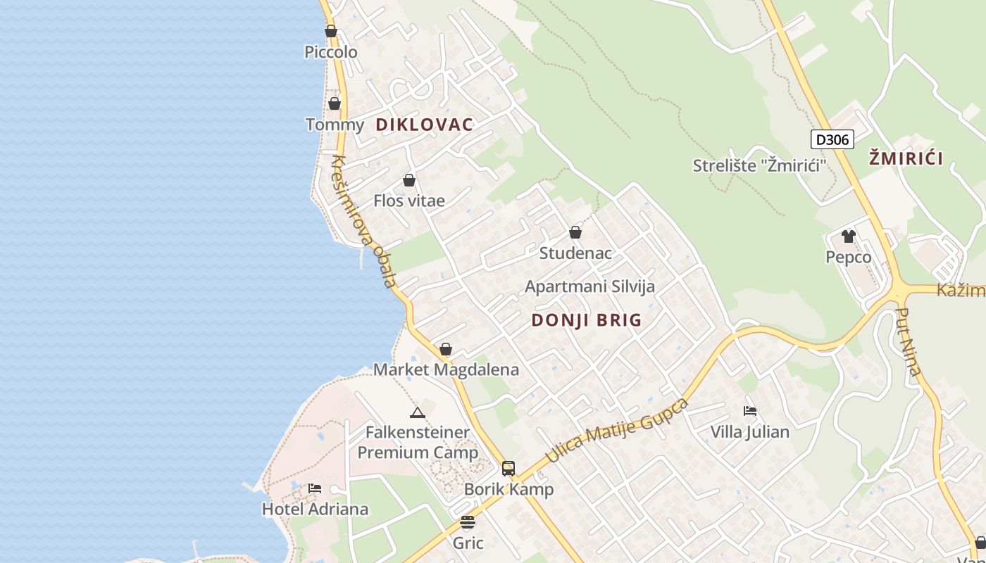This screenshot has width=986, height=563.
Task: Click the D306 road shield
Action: click(832, 139)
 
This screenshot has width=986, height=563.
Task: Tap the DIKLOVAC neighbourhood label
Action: click(424, 125)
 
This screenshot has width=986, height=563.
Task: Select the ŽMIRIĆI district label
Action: click(906, 158)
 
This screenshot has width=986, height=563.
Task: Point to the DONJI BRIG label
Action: click(587, 320)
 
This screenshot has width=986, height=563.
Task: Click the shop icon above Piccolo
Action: click(331, 31)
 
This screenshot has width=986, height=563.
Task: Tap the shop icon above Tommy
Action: click(335, 104)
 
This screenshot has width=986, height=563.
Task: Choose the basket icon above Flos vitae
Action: click(409, 180)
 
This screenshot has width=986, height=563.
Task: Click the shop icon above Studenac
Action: click(575, 232)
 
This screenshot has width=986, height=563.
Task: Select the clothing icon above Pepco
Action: click(849, 236)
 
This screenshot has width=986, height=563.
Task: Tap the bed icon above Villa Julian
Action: click(750, 410)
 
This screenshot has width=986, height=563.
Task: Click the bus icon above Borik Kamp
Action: click(508, 468)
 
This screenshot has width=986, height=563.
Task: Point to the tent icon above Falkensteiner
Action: click(418, 412)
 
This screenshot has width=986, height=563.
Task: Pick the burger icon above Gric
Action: click(468, 522)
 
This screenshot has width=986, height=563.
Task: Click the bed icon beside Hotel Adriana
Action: click(315, 488)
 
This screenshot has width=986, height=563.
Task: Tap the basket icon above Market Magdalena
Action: click(446, 349)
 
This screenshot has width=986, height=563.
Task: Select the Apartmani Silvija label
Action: click(590, 286)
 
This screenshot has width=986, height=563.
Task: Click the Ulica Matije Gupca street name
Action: click(617, 429)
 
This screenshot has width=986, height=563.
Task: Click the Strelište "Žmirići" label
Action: click(759, 165)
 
